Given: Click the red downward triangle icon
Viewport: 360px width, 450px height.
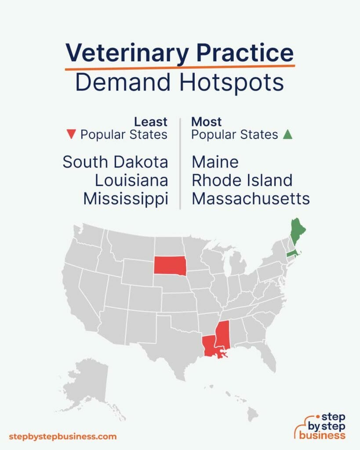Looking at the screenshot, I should click(73, 135).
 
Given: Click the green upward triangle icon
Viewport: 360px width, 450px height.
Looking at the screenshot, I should click(287, 135).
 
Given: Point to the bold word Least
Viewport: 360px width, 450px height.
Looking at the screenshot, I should click(151, 122).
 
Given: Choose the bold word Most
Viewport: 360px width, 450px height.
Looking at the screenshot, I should click(207, 122).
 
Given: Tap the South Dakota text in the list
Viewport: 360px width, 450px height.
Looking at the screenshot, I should click(115, 162).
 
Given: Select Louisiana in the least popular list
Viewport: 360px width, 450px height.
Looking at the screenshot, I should click(131, 180).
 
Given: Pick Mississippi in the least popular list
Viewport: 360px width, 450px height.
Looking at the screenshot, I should click(126, 199).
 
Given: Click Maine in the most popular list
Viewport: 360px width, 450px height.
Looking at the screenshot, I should click(215, 162).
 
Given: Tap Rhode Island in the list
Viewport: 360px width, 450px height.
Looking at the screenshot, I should click(242, 180).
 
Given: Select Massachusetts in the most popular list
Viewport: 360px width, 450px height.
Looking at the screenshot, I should click(251, 199).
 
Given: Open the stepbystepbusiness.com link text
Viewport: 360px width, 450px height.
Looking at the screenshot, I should click(63, 436).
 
